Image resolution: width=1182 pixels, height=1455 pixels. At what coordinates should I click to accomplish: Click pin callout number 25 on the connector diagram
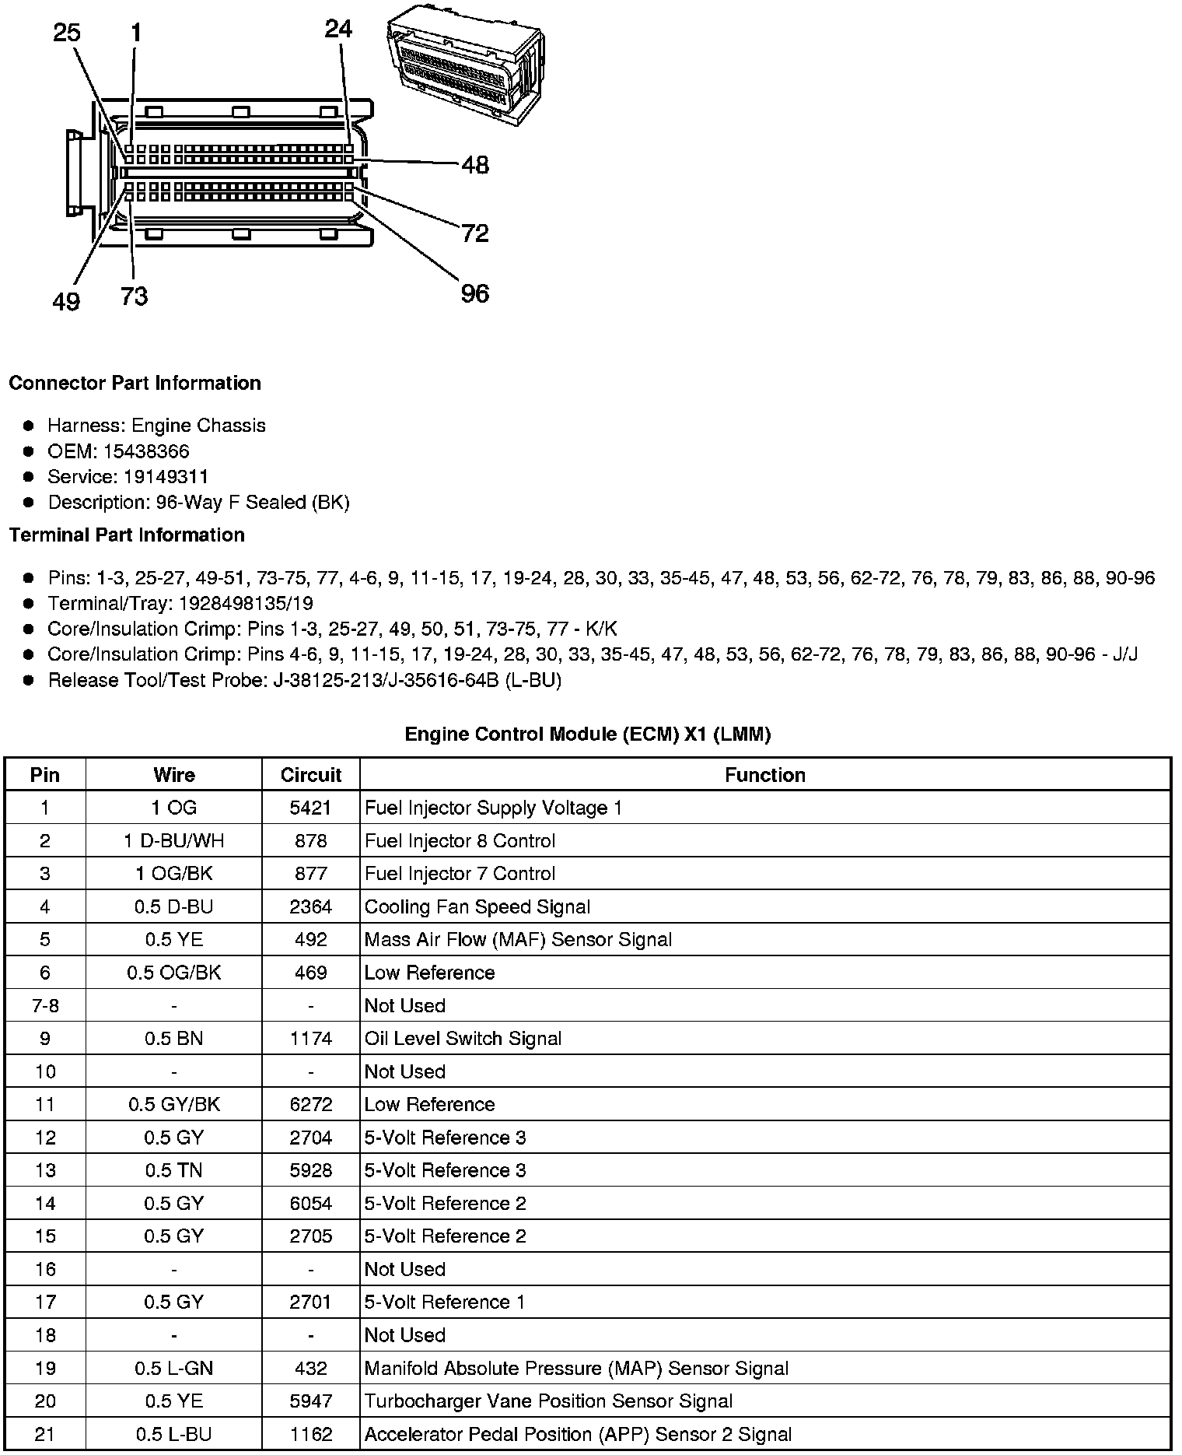[x=66, y=33]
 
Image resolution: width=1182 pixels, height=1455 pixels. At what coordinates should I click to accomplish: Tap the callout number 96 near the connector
[x=474, y=293]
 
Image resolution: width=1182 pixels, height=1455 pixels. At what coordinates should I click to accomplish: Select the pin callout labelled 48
[x=475, y=165]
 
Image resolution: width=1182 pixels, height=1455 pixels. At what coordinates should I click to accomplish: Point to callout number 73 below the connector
[x=134, y=296]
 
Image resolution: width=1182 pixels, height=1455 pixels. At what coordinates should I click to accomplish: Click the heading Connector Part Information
[x=135, y=383]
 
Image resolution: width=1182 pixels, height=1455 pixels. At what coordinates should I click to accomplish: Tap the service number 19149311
[x=166, y=477]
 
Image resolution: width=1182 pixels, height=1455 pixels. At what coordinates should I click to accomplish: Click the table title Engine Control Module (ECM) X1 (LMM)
[x=587, y=734]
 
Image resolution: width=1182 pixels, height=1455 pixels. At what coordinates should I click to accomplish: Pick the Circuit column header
[x=311, y=775]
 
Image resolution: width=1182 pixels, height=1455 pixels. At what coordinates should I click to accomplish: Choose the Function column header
[x=764, y=775]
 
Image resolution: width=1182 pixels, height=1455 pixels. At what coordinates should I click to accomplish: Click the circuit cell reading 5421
[x=311, y=808]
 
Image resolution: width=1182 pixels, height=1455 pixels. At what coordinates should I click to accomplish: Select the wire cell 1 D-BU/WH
[x=173, y=841]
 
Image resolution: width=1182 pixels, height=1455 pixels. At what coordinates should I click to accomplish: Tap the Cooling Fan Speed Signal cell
[x=477, y=906]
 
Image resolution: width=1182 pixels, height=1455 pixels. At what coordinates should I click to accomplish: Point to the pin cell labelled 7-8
[x=45, y=1005]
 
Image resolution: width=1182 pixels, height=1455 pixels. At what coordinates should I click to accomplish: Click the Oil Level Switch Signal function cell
[x=463, y=1039]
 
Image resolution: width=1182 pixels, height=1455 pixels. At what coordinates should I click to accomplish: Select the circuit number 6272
[x=311, y=1104]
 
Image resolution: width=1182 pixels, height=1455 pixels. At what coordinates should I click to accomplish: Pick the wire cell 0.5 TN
[x=173, y=1170]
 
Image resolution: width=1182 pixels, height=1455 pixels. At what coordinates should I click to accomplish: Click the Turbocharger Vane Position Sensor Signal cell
[x=548, y=1401]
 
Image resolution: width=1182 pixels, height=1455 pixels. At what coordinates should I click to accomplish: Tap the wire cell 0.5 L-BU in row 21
[x=173, y=1434]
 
